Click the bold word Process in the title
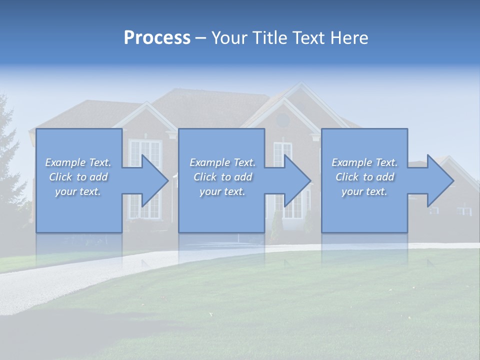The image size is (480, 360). [157, 38]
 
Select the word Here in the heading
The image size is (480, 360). [349, 38]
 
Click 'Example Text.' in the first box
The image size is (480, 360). [78, 162]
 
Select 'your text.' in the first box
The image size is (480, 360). [78, 191]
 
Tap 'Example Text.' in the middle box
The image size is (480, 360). [222, 162]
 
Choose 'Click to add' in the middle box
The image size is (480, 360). [222, 177]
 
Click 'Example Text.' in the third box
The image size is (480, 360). [364, 162]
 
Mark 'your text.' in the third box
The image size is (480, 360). [364, 191]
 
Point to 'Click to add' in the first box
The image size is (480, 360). [78, 177]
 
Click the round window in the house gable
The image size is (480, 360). [282, 120]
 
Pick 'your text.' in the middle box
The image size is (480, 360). [222, 191]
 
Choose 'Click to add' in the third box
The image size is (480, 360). [364, 177]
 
